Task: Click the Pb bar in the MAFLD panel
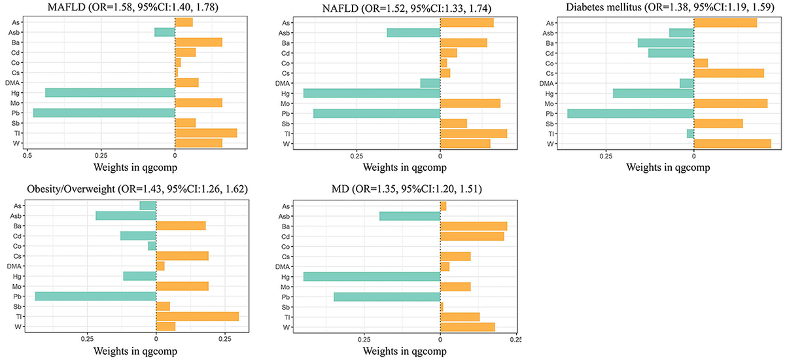point(104,113)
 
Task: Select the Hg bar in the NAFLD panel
point(372,93)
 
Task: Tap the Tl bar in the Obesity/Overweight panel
point(198,317)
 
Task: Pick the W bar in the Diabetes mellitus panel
point(733,144)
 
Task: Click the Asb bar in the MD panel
point(410,216)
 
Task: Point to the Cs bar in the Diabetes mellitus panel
point(729,73)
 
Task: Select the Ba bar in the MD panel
point(474,226)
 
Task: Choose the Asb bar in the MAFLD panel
point(165,32)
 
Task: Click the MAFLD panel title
point(133,7)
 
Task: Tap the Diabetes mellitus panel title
point(670,7)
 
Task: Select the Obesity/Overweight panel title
point(137,189)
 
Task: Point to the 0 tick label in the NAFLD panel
point(440,156)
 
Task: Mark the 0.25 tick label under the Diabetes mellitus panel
point(606,156)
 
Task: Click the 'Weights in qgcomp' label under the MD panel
point(405,351)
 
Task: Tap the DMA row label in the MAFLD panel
point(12,83)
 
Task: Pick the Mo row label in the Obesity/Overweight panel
point(16,287)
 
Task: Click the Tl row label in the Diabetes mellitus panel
point(551,134)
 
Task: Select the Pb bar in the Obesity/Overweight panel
point(96,297)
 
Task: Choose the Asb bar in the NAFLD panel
point(413,33)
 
